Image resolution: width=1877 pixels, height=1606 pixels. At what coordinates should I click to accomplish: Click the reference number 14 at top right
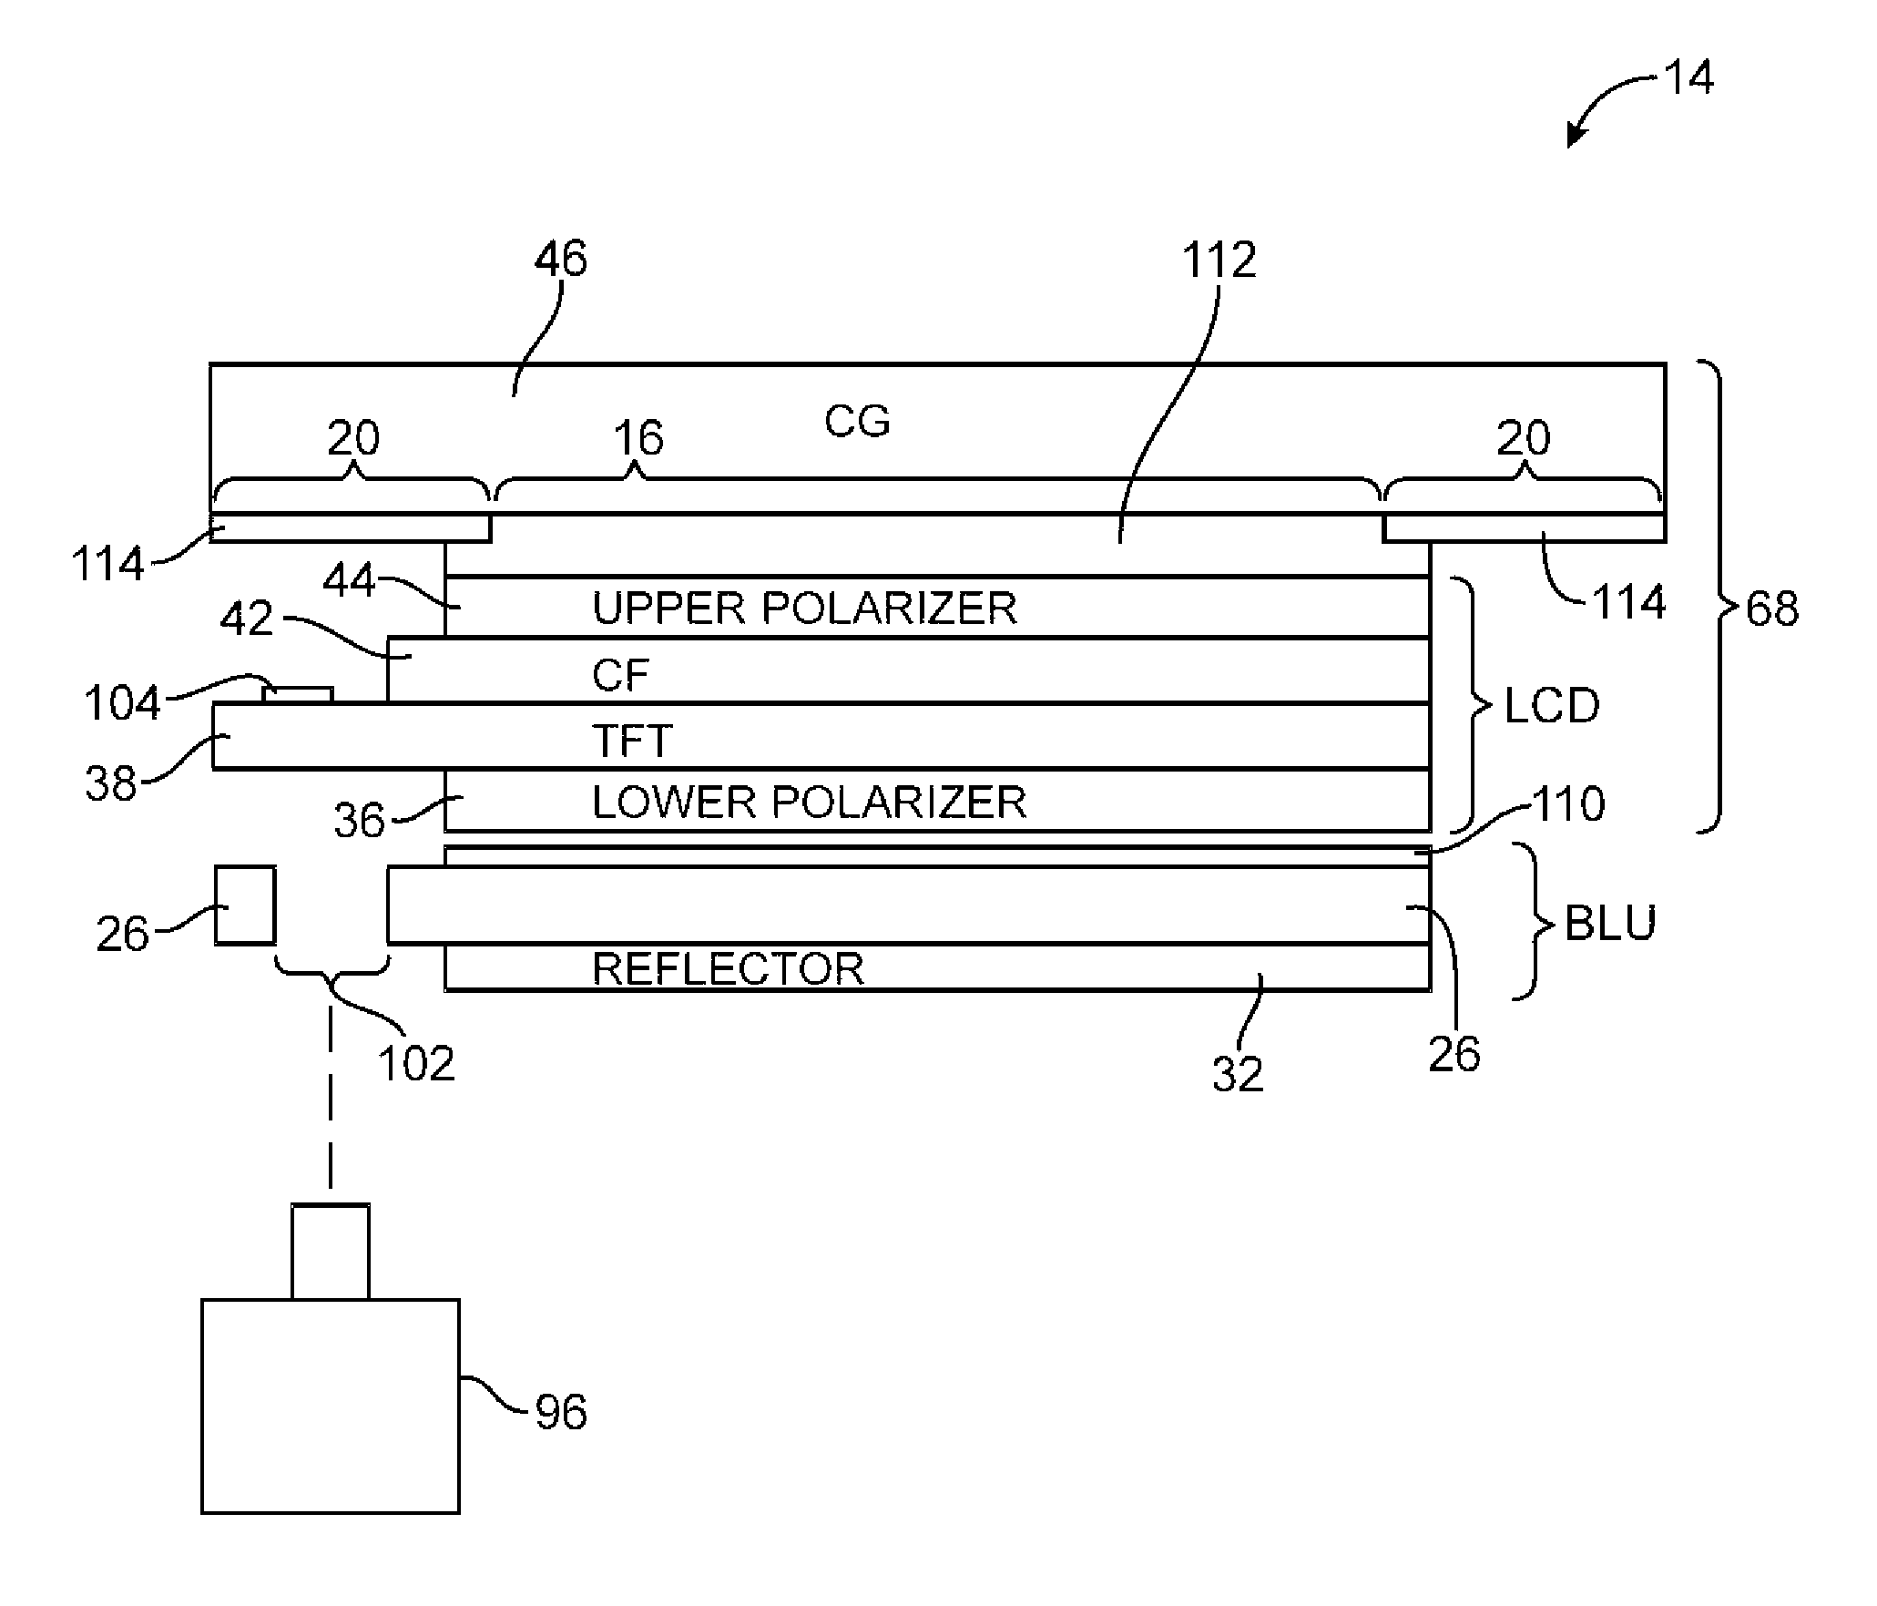tap(1688, 77)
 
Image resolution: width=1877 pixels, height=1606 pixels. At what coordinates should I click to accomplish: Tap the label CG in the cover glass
tap(857, 421)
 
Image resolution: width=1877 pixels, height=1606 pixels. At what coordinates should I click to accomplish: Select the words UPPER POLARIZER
tap(804, 608)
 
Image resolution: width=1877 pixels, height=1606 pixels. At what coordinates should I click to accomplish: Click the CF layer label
tap(620, 675)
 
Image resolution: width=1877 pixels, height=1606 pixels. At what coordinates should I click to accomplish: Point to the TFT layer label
tap(632, 741)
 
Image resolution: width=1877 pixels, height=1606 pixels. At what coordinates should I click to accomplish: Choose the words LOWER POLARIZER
tap(809, 802)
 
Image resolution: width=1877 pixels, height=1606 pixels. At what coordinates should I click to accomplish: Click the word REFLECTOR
tap(728, 967)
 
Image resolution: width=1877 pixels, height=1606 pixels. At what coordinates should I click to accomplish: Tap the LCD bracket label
tap(1551, 706)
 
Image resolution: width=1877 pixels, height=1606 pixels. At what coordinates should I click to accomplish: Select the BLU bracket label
tap(1610, 924)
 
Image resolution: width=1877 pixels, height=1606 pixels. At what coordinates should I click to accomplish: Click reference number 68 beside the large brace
tap(1772, 609)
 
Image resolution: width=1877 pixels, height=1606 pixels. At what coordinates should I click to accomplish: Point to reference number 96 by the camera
tap(560, 1412)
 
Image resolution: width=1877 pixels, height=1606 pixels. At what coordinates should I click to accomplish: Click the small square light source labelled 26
tap(245, 905)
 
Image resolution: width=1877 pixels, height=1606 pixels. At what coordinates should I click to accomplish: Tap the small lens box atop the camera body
tap(331, 1252)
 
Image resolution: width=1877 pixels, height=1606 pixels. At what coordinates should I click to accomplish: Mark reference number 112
tap(1219, 261)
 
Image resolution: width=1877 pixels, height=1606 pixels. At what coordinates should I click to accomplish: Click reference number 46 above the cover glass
tap(560, 259)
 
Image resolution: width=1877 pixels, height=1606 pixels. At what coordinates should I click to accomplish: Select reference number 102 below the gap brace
tap(415, 1063)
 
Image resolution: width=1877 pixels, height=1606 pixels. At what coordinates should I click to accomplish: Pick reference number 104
tap(121, 703)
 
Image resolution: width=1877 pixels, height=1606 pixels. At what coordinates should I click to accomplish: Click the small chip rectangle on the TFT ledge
tap(297, 694)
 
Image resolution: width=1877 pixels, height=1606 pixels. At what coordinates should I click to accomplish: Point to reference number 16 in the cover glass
tap(638, 438)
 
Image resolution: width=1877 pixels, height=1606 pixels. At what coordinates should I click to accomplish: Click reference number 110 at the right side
tap(1568, 803)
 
